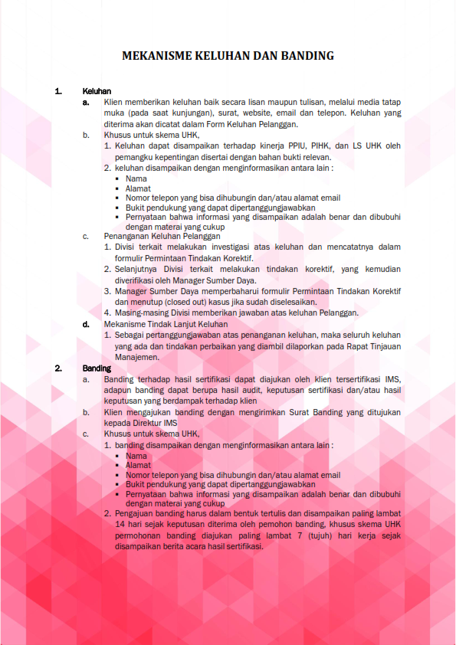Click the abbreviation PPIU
click(x=291, y=145)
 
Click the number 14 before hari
click(x=119, y=524)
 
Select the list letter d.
click(x=87, y=324)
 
